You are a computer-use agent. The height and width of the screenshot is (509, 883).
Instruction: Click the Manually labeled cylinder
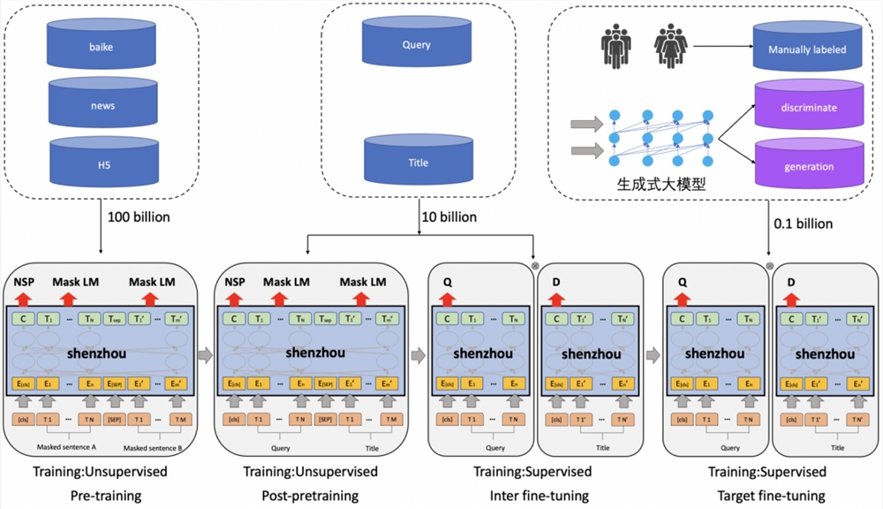[x=805, y=50]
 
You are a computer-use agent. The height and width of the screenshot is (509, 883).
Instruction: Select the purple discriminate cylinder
[x=805, y=109]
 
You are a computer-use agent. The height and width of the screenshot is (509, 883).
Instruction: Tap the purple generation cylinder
[x=805, y=166]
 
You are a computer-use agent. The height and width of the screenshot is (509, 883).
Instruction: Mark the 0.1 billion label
[x=804, y=224]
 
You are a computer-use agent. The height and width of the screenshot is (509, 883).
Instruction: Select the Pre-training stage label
[x=106, y=496]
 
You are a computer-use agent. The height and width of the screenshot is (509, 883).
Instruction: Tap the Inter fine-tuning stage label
[x=539, y=496]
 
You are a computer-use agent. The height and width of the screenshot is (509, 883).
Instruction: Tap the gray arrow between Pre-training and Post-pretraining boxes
[x=205, y=355]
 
